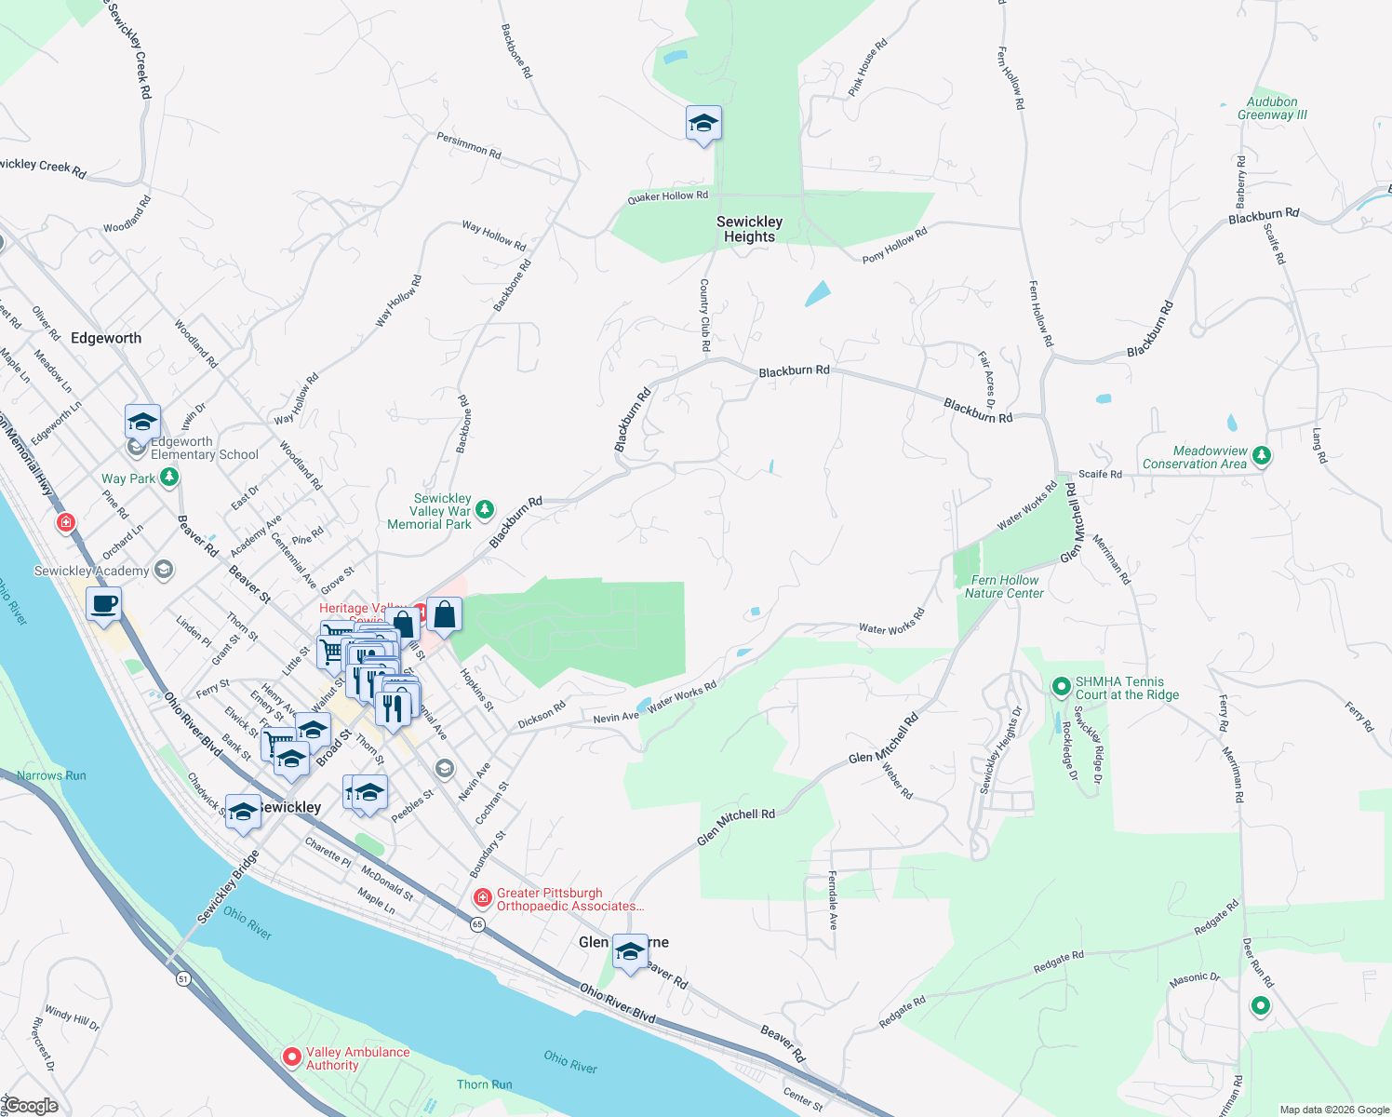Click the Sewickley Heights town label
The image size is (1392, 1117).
(x=749, y=229)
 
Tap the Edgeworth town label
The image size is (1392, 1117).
(x=106, y=338)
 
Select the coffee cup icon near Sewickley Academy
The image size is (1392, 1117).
(x=104, y=603)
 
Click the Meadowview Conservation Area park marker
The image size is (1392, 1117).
(x=1261, y=456)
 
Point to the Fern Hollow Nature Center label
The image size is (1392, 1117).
(x=1004, y=586)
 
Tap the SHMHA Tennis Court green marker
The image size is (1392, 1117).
(x=1061, y=687)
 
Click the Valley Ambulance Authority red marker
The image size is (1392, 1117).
(x=291, y=1057)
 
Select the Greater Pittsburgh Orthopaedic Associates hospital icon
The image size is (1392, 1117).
(x=482, y=898)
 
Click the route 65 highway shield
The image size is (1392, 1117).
(x=477, y=924)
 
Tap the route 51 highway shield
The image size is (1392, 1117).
(x=183, y=978)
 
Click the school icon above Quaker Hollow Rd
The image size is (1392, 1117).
(x=703, y=123)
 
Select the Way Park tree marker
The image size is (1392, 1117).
(x=168, y=478)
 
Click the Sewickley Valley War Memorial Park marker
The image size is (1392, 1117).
(x=484, y=509)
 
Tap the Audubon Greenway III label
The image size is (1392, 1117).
(x=1272, y=109)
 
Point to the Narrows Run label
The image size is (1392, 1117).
(x=51, y=775)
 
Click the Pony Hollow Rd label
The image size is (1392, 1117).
(x=894, y=245)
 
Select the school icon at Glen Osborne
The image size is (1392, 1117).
(x=630, y=951)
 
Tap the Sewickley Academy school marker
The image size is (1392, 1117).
(x=164, y=570)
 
